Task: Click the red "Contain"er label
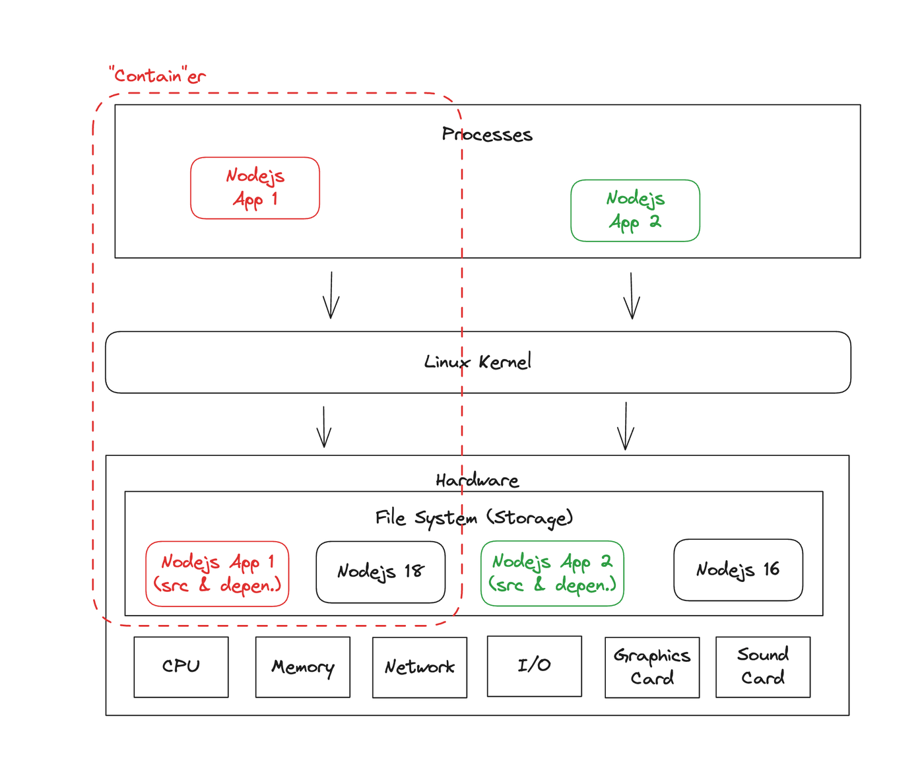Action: pos(157,75)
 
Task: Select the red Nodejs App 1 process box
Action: pos(255,187)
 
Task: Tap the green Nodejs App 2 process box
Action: pos(635,211)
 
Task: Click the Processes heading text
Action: pos(487,134)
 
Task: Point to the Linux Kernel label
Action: pos(477,362)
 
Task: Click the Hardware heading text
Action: pos(477,480)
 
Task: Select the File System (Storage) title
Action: pos(474,518)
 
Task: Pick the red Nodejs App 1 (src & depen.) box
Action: pos(217,573)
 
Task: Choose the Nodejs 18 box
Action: pos(381,571)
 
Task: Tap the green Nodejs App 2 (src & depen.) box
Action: pos(552,573)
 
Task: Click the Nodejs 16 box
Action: pos(738,569)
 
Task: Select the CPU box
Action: pos(181,667)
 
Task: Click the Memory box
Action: pos(303,667)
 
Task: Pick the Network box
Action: pos(420,667)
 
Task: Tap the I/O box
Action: pos(534,666)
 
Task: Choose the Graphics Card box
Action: pos(652,667)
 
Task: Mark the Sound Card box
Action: pos(763,667)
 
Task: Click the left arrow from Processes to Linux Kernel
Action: pos(331,295)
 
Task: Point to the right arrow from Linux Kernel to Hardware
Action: pos(626,426)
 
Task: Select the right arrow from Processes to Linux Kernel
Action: pos(632,296)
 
